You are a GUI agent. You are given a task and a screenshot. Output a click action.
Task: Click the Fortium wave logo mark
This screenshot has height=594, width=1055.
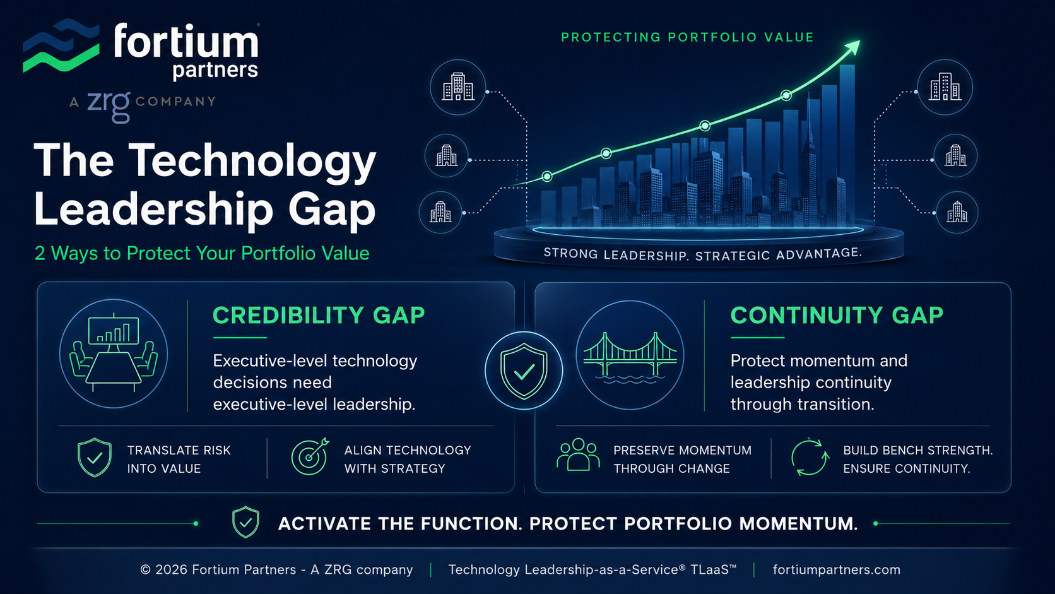coord(61,45)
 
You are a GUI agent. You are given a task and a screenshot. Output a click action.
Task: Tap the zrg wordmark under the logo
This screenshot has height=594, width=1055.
coord(109,105)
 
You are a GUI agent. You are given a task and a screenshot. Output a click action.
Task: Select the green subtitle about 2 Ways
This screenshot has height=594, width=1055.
coord(202,253)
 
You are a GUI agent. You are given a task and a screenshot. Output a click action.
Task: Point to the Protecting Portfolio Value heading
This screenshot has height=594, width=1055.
coord(687,37)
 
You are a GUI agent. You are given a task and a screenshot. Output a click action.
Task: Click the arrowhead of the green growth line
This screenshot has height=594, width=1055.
coord(853,47)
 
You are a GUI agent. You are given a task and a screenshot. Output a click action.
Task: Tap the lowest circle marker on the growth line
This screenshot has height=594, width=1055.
coord(547,177)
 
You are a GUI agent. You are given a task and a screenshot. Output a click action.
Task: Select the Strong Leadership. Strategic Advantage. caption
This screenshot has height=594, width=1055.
coord(703,254)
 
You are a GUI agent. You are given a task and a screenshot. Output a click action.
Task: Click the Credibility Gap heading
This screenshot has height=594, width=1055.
coord(319,316)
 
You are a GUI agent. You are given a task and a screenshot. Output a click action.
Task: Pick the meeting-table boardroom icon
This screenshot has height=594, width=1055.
coord(114,353)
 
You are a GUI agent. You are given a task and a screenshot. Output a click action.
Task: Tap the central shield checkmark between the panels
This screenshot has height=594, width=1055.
coord(524,371)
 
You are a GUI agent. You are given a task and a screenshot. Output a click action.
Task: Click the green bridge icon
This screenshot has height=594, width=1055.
coord(630,357)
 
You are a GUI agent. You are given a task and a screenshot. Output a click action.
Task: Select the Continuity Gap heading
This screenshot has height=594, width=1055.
coord(837,316)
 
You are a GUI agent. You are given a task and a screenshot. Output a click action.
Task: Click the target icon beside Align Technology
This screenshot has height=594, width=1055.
coord(310,456)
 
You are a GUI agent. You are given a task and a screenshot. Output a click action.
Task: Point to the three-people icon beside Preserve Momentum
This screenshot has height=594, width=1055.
coord(579,454)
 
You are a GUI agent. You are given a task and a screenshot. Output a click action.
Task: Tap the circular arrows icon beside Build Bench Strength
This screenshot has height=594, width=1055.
coord(810,457)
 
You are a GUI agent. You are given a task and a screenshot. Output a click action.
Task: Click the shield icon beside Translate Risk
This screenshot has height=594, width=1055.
coord(95,458)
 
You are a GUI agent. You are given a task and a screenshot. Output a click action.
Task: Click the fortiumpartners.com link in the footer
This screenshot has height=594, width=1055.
coord(837,570)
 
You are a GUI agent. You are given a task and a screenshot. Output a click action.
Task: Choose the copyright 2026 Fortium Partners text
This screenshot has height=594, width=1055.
coord(276,570)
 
